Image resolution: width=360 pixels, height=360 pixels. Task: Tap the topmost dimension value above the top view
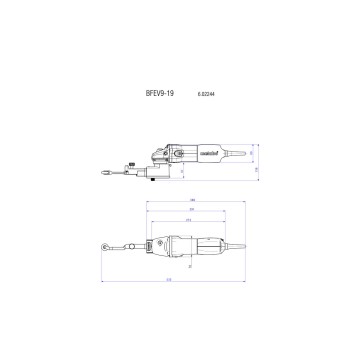(191, 203)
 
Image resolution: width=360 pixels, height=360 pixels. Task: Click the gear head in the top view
(160, 245)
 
